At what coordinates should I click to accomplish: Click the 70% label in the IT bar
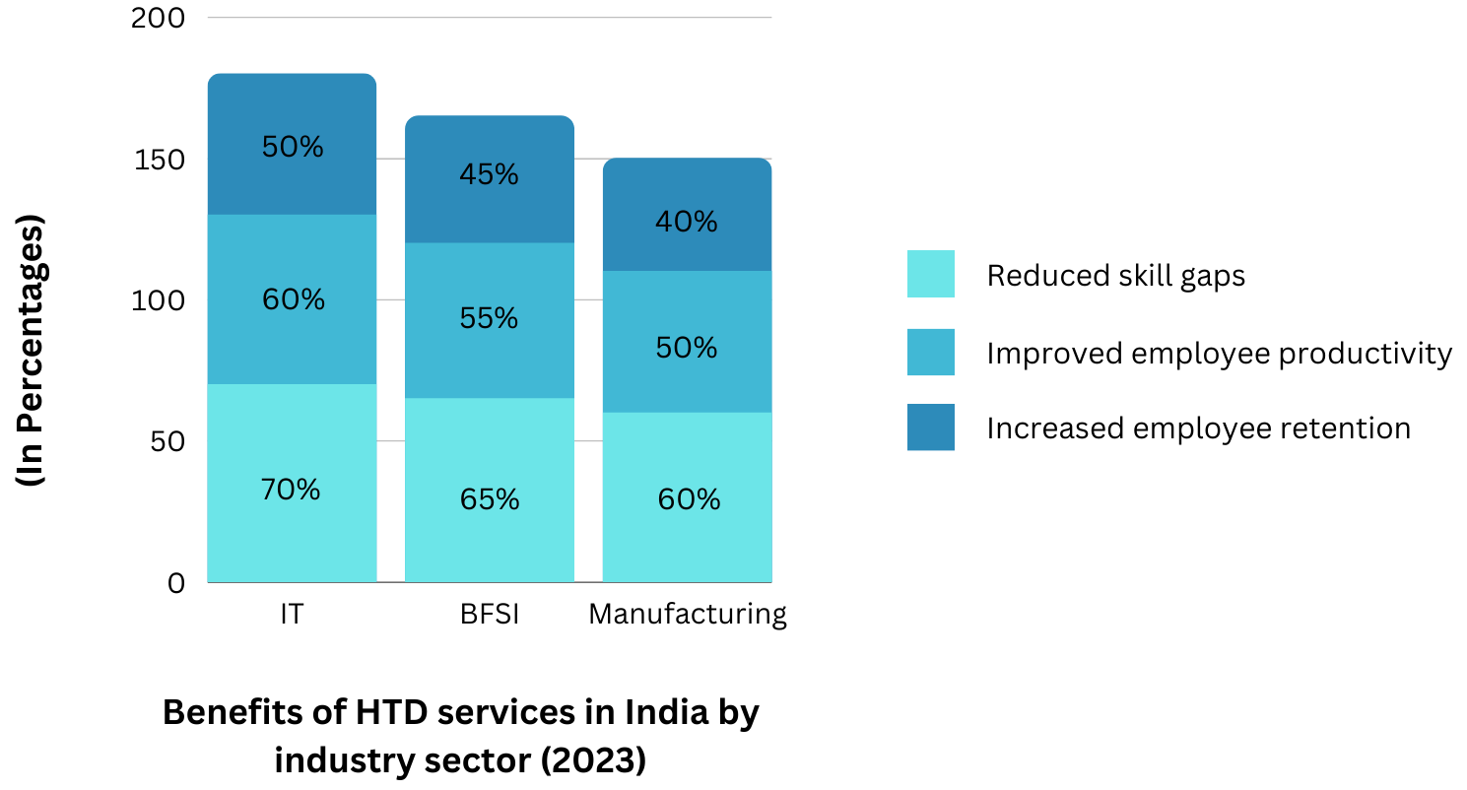pos(291,490)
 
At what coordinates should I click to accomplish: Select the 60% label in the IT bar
pos(293,299)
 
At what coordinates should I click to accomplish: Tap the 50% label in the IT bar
pos(293,147)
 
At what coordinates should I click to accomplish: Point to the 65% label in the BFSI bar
pos(490,499)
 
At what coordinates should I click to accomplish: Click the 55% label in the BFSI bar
pos(490,318)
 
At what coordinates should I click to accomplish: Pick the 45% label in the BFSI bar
pos(490,174)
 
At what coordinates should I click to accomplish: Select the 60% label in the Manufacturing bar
pos(689,499)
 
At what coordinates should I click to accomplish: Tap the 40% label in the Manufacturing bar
pos(687,223)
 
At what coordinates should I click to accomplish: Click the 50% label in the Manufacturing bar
pos(687,348)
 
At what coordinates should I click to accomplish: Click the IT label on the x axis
pos(291,615)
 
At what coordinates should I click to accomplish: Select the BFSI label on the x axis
pos(490,615)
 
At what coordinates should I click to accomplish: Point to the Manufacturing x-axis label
pos(687,615)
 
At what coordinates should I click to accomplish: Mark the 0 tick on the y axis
pos(175,583)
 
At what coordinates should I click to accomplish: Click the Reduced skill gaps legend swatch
pos(930,274)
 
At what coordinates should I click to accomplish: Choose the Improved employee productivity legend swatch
pos(930,352)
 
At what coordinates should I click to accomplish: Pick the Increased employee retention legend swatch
pos(930,428)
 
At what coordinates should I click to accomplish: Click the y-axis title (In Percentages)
pos(33,351)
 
